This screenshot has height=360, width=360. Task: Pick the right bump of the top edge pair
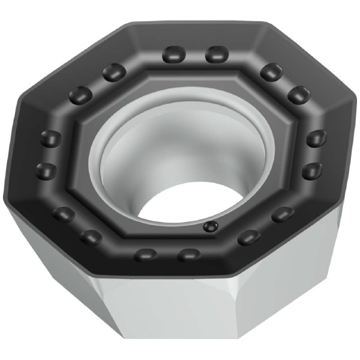coord(216,55)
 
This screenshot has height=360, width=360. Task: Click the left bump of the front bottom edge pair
coord(146,254)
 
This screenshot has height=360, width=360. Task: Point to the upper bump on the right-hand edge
coord(316,139)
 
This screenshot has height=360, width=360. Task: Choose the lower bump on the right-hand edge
coord(312,172)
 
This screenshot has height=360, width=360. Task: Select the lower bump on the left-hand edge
coord(47,169)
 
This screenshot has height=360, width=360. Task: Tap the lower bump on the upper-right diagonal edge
coord(298,94)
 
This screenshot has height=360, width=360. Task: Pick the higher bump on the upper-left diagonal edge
coord(113,73)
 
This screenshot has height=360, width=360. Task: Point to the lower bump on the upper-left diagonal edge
coord(80,95)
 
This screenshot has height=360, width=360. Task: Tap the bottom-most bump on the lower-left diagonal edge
coord(91,237)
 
